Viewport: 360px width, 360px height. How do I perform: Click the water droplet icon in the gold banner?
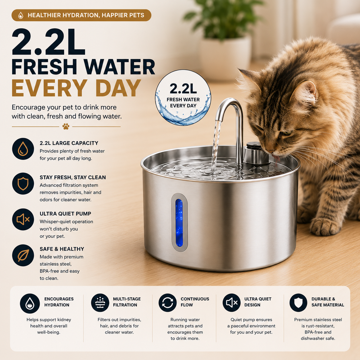coord(21,15)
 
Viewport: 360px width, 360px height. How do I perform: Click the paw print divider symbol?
coord(66,126)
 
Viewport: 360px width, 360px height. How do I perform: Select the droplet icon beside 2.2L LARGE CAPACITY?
coord(23,149)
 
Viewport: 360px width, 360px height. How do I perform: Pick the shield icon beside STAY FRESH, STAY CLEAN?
coord(23,184)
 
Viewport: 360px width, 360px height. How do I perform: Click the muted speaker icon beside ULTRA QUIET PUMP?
coord(23,220)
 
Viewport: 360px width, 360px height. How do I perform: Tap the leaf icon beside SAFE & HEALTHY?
coord(23,255)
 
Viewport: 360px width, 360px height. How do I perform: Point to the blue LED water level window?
coord(179,223)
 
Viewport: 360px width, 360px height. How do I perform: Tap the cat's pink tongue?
coord(276,158)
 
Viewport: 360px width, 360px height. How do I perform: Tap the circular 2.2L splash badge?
coord(183,98)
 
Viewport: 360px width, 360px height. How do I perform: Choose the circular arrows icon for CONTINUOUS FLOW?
coord(168,303)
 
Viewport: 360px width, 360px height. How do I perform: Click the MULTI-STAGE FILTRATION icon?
coord(100,303)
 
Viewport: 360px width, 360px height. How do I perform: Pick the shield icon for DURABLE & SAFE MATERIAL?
coord(298,303)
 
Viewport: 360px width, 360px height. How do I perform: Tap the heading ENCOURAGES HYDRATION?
coord(59,302)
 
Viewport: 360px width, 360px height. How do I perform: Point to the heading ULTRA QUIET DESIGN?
coord(258,302)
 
